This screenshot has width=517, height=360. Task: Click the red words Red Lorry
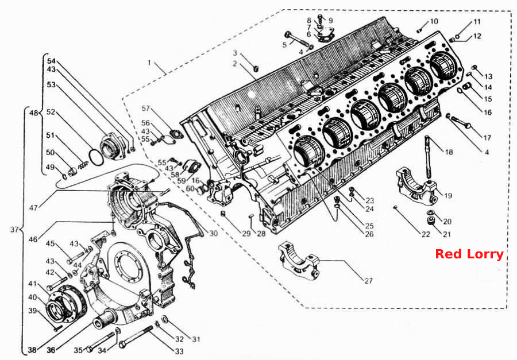click(x=469, y=254)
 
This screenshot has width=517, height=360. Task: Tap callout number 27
click(x=368, y=281)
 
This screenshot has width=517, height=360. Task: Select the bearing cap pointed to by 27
click(x=299, y=261)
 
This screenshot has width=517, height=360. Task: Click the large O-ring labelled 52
click(x=96, y=157)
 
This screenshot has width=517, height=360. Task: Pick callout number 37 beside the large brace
click(x=14, y=230)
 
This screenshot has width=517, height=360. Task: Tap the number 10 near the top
click(x=434, y=21)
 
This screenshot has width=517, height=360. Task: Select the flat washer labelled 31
click(x=165, y=319)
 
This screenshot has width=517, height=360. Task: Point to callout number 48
click(x=34, y=113)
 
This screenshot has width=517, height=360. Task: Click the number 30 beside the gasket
click(x=214, y=234)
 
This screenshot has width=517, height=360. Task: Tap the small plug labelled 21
click(x=430, y=221)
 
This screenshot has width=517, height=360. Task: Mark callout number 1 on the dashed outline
click(x=149, y=63)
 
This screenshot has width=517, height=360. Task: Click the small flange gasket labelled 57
click(x=176, y=134)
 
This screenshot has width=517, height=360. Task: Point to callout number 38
click(x=32, y=350)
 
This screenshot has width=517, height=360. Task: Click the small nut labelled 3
click(x=255, y=68)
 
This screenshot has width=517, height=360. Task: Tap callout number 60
click(x=190, y=189)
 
